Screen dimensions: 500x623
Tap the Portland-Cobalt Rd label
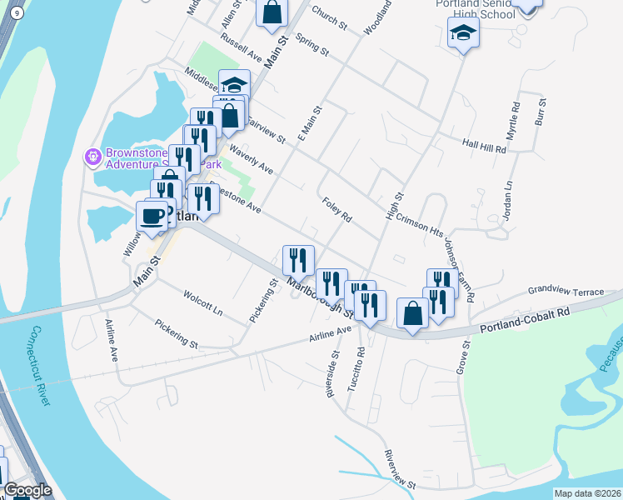click(524, 322)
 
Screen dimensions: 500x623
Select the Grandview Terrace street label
click(566, 292)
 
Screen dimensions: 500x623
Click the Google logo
click(27, 490)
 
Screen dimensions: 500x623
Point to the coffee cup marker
click(152, 215)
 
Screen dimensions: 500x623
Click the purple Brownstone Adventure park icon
click(92, 156)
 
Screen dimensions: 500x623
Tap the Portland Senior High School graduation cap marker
click(463, 33)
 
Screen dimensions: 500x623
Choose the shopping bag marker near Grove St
click(412, 313)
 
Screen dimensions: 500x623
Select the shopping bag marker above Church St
click(272, 12)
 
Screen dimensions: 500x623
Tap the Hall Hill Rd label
click(485, 147)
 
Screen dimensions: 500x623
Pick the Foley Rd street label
click(337, 209)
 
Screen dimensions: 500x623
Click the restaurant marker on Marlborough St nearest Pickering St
click(297, 260)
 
